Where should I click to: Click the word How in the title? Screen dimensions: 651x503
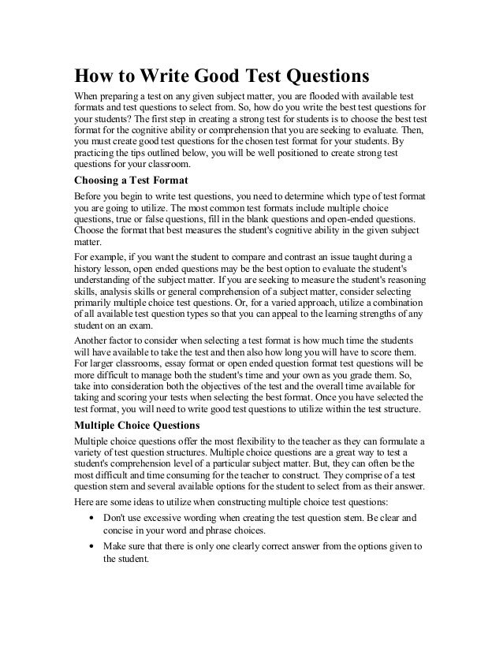point(93,77)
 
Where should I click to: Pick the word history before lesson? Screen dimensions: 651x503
point(89,269)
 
